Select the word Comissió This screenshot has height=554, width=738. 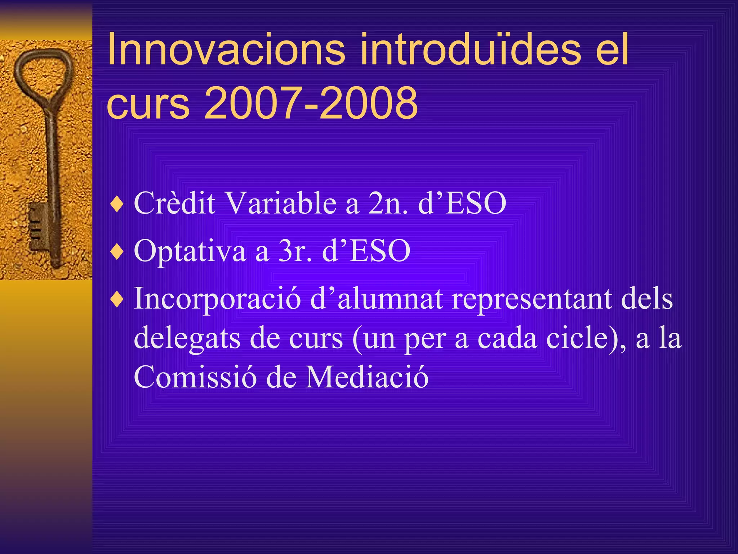coord(195,377)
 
